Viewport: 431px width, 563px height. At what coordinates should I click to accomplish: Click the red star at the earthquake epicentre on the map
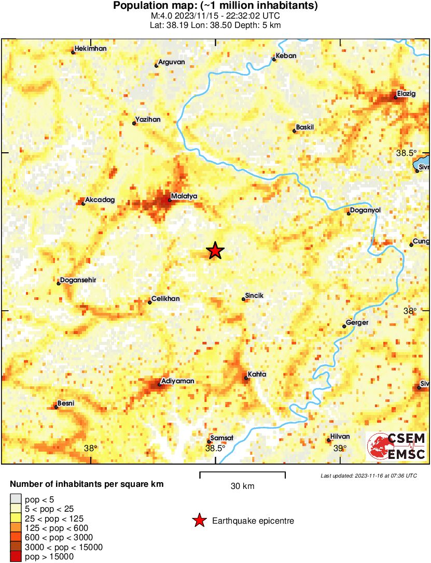215,251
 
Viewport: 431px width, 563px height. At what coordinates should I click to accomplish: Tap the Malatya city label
184,196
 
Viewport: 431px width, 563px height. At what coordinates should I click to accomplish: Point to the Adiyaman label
178,381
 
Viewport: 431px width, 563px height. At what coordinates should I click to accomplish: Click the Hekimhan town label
90,49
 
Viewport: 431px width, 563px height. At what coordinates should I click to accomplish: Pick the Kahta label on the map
257,374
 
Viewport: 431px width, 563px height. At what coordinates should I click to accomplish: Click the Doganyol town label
366,210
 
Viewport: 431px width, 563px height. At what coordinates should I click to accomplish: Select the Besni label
65,403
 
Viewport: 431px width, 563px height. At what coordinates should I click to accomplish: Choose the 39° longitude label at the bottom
340,449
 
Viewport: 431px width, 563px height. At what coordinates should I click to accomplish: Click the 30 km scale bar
242,473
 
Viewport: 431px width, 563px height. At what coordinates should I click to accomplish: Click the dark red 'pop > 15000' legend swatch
16,557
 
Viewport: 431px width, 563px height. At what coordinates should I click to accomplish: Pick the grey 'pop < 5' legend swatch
16,500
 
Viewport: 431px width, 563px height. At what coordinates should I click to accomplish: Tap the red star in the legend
199,521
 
